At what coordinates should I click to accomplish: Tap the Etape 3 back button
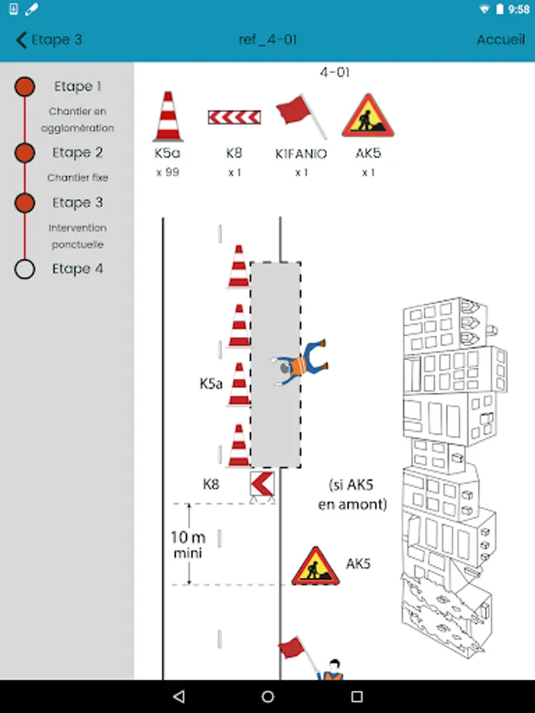tap(48, 40)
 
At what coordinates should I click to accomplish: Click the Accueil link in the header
tap(501, 40)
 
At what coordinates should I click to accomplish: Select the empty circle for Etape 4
tap(25, 269)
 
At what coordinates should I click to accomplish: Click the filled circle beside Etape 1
tap(25, 86)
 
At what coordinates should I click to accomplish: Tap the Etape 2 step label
tap(78, 152)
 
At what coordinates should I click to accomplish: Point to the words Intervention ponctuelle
tap(78, 236)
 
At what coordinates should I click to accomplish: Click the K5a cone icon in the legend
tap(168, 116)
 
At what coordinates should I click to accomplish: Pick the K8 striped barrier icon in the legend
tap(235, 117)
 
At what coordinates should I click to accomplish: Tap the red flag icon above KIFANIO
tap(300, 116)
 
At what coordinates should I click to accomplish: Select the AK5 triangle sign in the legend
tap(368, 116)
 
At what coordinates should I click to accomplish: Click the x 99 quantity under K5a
tap(167, 173)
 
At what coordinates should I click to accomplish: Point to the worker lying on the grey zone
tap(300, 363)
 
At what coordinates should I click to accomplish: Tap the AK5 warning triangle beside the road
tap(315, 566)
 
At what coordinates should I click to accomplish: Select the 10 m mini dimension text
tap(188, 544)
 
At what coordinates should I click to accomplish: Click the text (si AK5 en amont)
tap(353, 494)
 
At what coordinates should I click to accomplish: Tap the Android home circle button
tap(268, 696)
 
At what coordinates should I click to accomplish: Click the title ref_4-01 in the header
tap(268, 40)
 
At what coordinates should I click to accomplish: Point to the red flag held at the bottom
tap(292, 647)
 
